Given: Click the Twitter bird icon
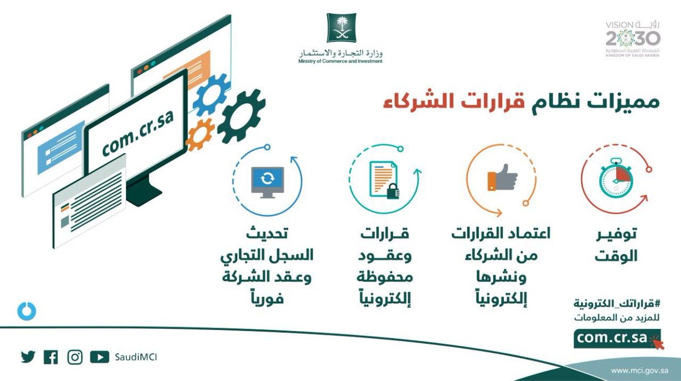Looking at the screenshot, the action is (x=28, y=357).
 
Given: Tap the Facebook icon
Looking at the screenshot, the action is (x=51, y=357).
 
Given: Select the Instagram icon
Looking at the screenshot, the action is (x=75, y=357).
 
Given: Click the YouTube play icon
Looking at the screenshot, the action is (x=99, y=357).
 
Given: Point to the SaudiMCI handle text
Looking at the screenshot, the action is (x=136, y=357).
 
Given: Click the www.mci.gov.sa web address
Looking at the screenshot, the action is (x=634, y=371).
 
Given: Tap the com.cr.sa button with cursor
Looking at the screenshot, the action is (x=617, y=338).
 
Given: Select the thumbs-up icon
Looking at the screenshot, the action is (x=502, y=177).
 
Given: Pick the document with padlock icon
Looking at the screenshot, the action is (x=384, y=180).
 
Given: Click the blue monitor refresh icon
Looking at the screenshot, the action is (x=267, y=182).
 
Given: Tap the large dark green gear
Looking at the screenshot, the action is (x=241, y=117).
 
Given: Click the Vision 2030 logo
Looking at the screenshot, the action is (x=633, y=39).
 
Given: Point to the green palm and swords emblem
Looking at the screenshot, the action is (x=341, y=27).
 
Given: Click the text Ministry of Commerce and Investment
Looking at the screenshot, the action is (x=340, y=61).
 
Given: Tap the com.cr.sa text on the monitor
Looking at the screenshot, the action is (x=138, y=132).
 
